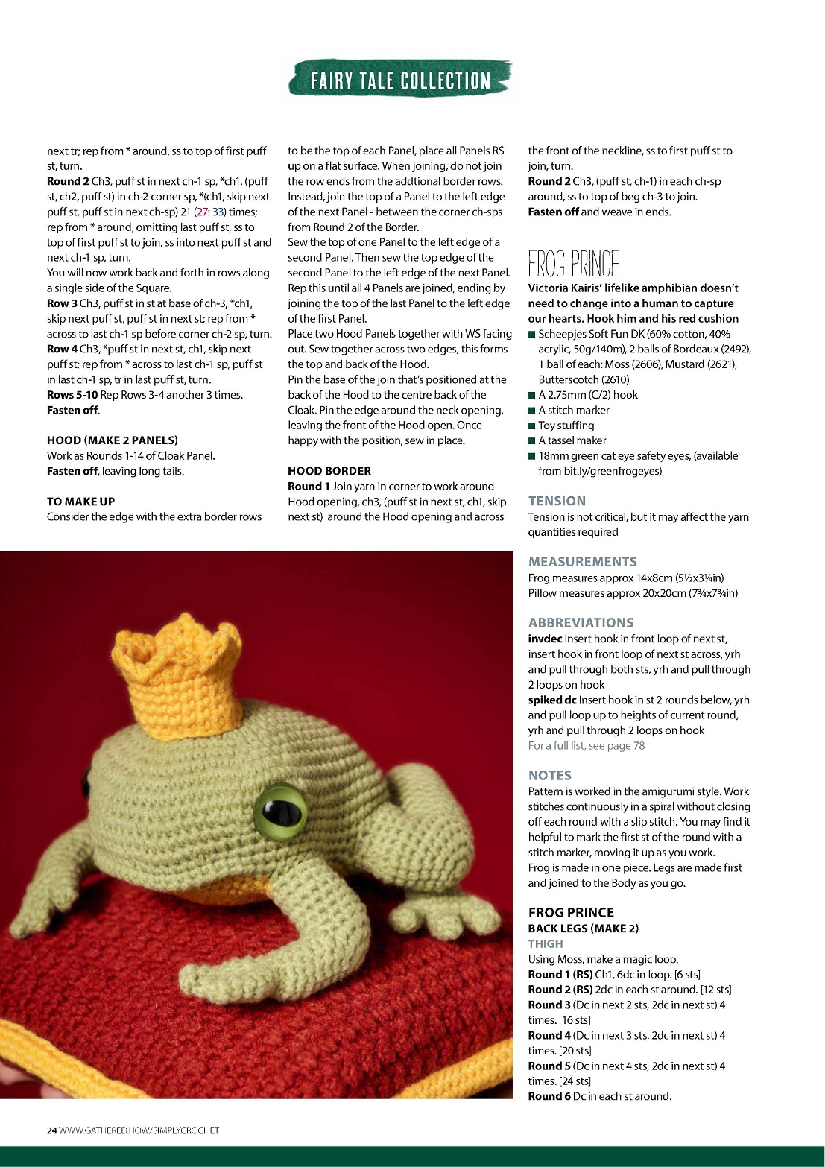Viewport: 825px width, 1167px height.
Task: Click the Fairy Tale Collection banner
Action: (x=400, y=80)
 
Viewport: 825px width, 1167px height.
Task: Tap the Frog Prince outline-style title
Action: (x=574, y=265)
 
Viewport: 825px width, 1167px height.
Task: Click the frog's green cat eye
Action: (x=281, y=808)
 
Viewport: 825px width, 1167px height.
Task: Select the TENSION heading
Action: (x=557, y=502)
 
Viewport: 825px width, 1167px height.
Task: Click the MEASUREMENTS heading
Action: (x=582, y=562)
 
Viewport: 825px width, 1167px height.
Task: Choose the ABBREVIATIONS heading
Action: (x=581, y=623)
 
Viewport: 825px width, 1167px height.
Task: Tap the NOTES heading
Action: (x=549, y=776)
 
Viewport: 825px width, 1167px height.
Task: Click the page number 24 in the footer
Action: (x=51, y=1130)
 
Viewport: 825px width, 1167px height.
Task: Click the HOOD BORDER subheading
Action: (x=329, y=471)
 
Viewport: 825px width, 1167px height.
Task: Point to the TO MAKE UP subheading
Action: (x=80, y=502)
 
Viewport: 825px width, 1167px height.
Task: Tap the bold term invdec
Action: (x=545, y=639)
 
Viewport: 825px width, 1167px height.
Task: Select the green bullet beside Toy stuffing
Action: (x=532, y=426)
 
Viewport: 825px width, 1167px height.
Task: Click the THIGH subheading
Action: (x=546, y=943)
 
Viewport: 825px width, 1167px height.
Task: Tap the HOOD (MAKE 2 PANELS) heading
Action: (x=112, y=440)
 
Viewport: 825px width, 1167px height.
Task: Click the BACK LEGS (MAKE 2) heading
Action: (x=583, y=929)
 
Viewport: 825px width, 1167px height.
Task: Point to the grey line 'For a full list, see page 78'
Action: (x=586, y=745)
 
